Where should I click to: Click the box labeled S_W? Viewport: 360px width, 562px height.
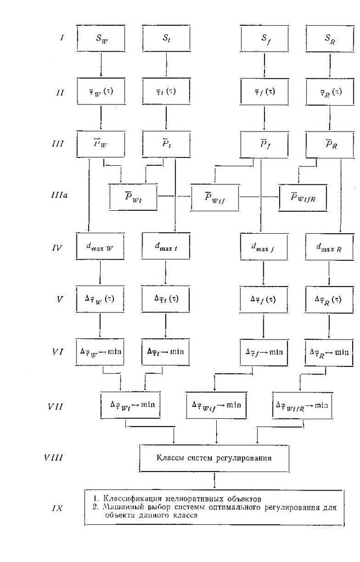[99, 39]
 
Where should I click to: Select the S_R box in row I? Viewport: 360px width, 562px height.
[329, 39]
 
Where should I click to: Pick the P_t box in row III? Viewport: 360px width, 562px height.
[166, 143]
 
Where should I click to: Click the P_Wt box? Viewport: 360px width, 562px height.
[133, 196]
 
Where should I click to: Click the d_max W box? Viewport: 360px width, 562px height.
[99, 247]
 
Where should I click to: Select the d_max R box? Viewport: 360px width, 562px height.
[329, 247]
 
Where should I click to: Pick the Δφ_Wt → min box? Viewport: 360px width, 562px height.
[133, 405]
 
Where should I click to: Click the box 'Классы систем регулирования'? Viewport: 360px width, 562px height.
[215, 458]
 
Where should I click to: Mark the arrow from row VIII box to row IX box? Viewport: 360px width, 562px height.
[215, 481]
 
